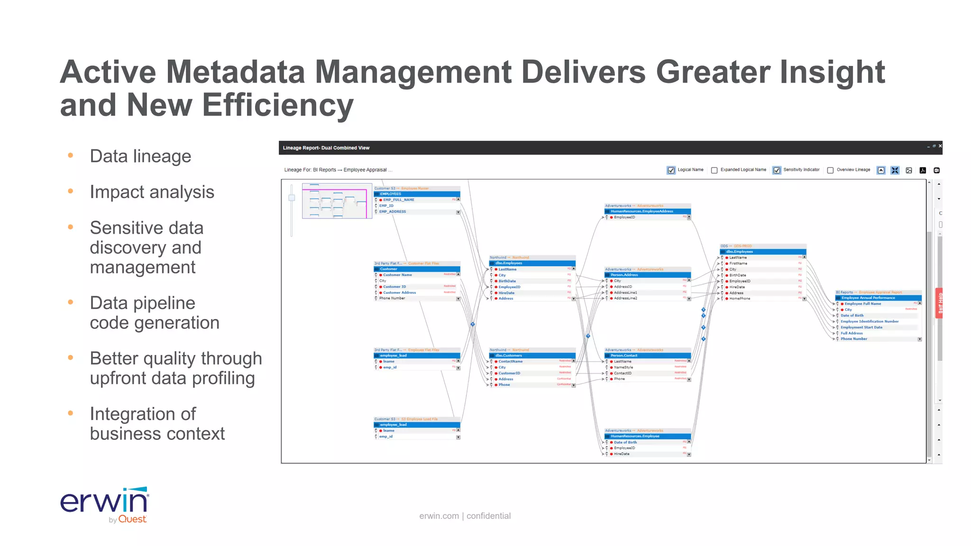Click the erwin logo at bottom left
(104, 504)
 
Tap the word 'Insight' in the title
(832, 72)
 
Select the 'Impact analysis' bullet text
(152, 192)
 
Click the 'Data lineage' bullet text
(140, 156)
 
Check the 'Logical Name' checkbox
(671, 170)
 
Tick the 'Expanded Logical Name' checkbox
(714, 170)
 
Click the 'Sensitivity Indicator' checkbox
(777, 170)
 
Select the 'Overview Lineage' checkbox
(830, 170)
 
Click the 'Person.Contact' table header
(624, 355)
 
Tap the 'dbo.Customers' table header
(509, 355)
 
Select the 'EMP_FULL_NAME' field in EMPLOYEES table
(398, 200)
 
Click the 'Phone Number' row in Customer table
(392, 298)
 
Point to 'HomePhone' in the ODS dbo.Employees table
(740, 299)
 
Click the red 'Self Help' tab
(939, 303)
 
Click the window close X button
(940, 146)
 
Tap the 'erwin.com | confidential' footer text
(465, 516)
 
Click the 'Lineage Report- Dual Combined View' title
(326, 148)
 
